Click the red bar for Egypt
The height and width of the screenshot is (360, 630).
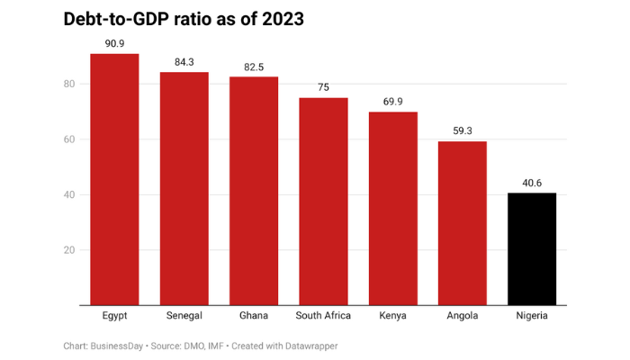pyautogui.click(x=114, y=180)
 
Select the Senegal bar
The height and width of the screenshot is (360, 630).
pyautogui.click(x=184, y=189)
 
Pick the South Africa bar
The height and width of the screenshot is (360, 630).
pyautogui.click(x=323, y=202)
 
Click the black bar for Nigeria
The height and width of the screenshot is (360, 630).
pyautogui.click(x=532, y=249)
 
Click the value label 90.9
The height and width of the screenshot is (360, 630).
pyautogui.click(x=114, y=43)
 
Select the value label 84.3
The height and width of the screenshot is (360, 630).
pyautogui.click(x=184, y=61)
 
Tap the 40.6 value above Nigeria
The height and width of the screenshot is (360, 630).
pyautogui.click(x=532, y=183)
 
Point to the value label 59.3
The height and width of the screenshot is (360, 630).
pyautogui.click(x=463, y=130)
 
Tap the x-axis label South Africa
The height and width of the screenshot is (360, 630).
pyautogui.click(x=323, y=316)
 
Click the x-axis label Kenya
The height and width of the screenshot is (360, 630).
pyautogui.click(x=393, y=316)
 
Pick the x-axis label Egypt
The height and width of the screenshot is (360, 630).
pyautogui.click(x=114, y=316)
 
